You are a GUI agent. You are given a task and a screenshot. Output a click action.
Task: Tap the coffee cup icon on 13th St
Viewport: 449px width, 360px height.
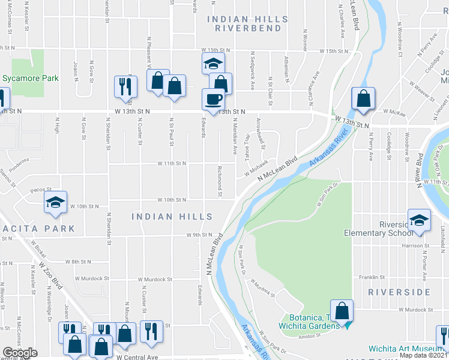(213, 99)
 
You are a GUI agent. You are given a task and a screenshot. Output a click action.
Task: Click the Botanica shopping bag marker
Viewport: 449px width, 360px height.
(342, 311)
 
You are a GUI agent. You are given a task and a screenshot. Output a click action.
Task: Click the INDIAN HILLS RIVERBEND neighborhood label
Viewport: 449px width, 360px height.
(244, 23)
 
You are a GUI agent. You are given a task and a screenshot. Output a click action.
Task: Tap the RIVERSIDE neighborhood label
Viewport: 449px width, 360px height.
(399, 292)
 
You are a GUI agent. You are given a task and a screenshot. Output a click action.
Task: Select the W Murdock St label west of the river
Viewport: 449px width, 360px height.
(154, 279)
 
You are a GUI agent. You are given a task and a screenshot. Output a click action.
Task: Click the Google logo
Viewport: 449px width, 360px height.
(20, 353)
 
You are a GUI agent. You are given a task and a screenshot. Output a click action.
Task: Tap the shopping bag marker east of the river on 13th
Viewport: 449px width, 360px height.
(363, 99)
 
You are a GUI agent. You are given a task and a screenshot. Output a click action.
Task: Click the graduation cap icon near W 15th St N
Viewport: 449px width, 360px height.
(212, 64)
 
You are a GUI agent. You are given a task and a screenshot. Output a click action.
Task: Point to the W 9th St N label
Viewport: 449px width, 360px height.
(200, 235)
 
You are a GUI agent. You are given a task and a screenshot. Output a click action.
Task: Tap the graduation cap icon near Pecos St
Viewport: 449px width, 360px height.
(55, 203)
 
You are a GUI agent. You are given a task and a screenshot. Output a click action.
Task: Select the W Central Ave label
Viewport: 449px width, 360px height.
(137, 356)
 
